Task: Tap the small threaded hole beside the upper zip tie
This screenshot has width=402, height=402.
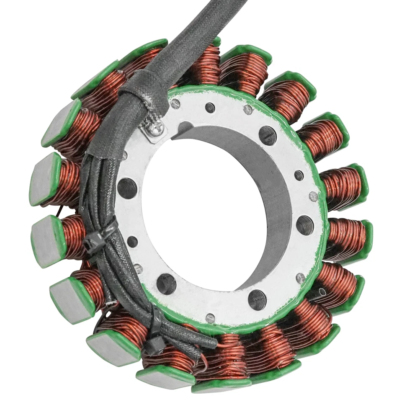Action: [132, 242]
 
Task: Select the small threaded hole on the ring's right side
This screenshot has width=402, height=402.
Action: [299, 175]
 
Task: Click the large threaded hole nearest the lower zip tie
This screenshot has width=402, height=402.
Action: [166, 284]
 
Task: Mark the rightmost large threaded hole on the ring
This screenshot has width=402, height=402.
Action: [305, 225]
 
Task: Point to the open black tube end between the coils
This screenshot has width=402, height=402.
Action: [322, 291]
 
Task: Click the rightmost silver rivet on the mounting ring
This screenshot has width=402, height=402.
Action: [313, 196]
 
